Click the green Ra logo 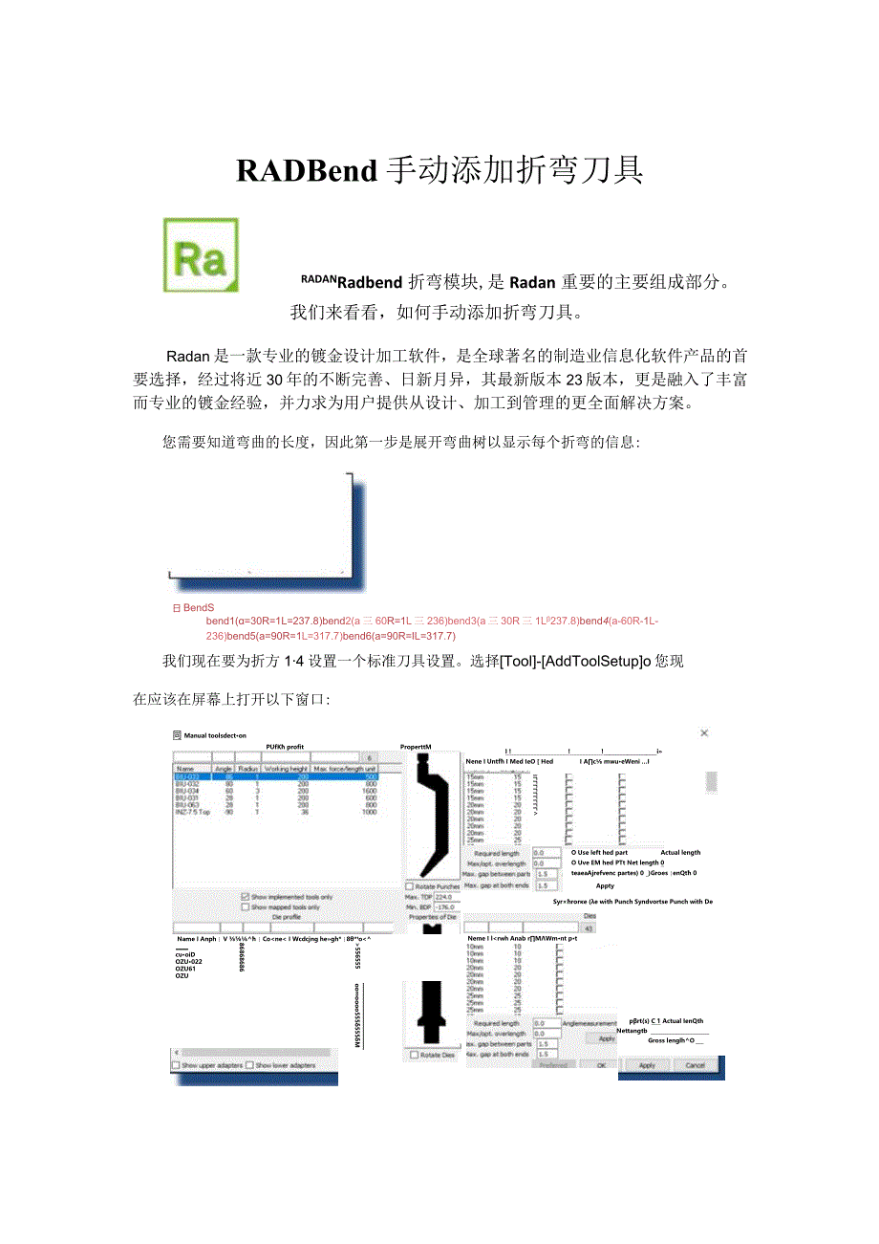201,254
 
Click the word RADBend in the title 307,170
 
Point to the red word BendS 199,607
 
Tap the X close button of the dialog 704,733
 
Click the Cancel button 695,1065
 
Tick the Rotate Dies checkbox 415,1055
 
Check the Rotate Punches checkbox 410,886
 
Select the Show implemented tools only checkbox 246,897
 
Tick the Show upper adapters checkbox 176,1065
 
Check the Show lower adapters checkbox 250,1065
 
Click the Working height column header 287,768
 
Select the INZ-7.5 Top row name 192,812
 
